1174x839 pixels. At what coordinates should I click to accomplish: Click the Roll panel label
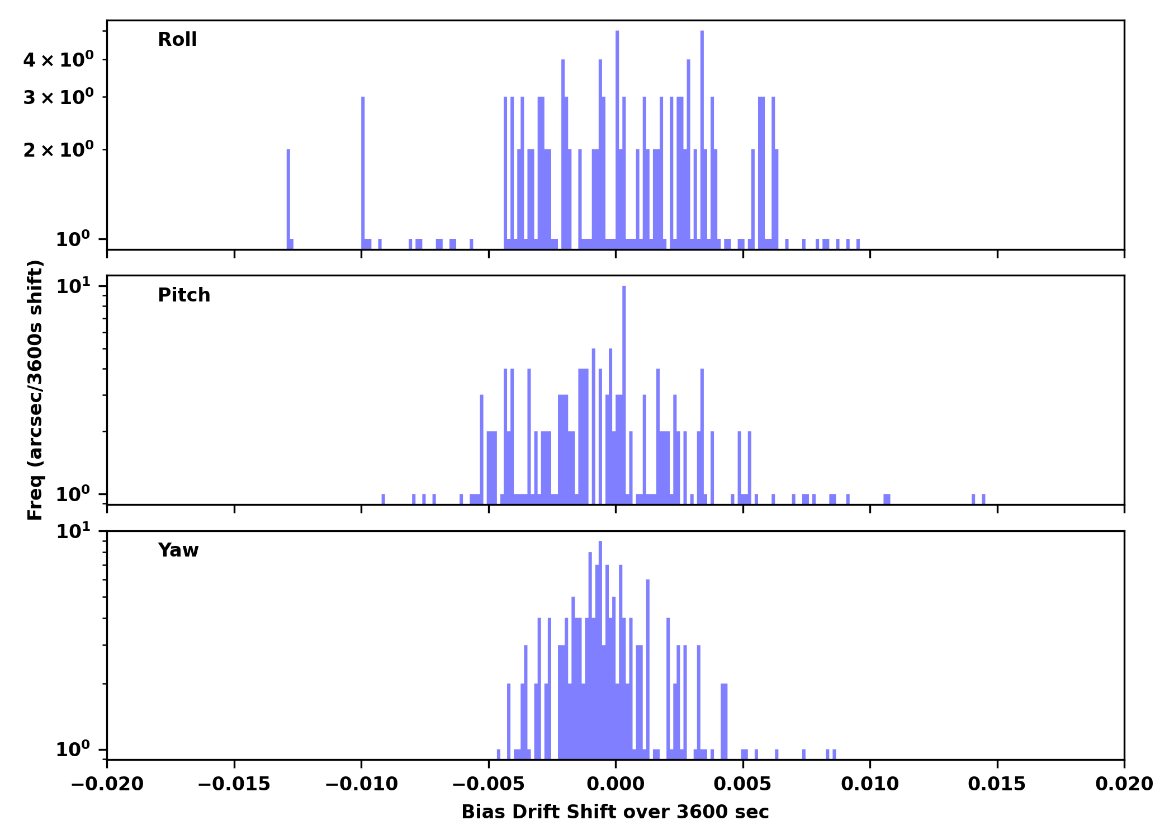[x=177, y=40]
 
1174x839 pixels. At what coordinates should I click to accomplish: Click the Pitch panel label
[x=184, y=295]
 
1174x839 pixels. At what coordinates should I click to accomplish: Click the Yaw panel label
[x=178, y=550]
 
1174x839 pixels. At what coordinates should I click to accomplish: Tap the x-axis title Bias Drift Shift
[x=615, y=812]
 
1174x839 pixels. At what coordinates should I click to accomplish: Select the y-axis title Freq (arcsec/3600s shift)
[x=35, y=390]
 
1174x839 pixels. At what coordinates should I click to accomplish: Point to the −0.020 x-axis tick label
[x=107, y=784]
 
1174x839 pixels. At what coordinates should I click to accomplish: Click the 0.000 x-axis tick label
[x=616, y=784]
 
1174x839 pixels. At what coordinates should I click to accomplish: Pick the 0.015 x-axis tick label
[x=997, y=784]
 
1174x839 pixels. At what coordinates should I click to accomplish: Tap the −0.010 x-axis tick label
[x=361, y=784]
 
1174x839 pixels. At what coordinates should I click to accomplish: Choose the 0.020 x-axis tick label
[x=1124, y=784]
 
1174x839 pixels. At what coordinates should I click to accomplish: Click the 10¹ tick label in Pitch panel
[x=73, y=287]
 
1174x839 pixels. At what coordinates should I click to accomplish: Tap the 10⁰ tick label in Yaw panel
[x=73, y=750]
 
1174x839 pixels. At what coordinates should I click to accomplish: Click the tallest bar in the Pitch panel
[x=624, y=392]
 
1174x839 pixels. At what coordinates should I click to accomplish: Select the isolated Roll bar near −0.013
[x=288, y=196]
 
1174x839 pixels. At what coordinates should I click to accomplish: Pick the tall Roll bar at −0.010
[x=363, y=168]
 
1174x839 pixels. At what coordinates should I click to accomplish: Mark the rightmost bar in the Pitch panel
[x=983, y=499]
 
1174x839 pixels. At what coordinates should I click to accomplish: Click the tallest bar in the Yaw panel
[x=600, y=643]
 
